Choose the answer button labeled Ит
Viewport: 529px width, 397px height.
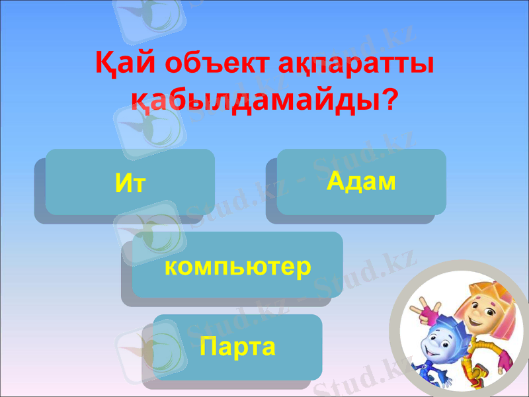coord(130,182)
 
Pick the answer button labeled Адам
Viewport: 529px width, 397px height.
coord(361,181)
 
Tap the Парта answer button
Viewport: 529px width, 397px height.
coord(237,347)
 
